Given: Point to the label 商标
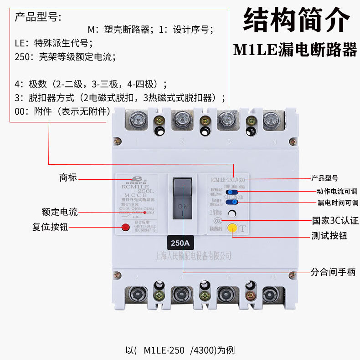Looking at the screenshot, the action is tap(68, 177).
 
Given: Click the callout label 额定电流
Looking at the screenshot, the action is tap(60, 212).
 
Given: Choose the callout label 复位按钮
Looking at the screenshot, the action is tap(50, 227).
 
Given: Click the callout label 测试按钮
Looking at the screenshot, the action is tap(329, 236).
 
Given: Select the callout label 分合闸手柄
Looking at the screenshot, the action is tap(333, 272).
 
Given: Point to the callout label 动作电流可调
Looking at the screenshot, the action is tap(337, 191).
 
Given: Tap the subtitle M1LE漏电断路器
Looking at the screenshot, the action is tap(295, 49).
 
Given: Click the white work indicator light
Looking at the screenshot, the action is tap(232, 213).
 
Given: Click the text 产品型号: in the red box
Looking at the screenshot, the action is tap(38, 18).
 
